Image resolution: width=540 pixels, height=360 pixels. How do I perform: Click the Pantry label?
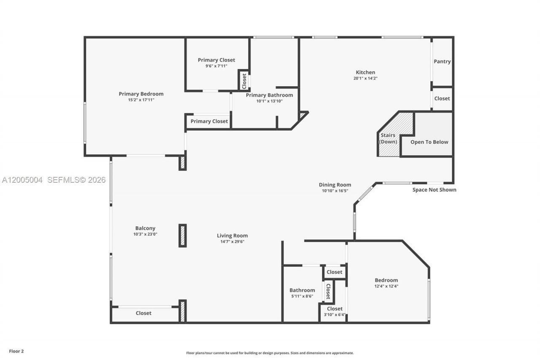[442, 62]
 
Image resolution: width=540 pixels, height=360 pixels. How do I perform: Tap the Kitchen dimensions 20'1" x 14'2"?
[364, 78]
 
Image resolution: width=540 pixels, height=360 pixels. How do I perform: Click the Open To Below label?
[429, 142]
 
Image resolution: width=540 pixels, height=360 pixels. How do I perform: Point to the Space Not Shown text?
[434, 190]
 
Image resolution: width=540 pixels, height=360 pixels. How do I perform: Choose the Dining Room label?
[335, 185]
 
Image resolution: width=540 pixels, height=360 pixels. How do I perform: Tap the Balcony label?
[145, 228]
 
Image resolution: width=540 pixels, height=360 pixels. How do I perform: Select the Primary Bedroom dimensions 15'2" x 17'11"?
[141, 100]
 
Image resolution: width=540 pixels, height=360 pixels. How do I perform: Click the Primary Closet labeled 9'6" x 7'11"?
[216, 60]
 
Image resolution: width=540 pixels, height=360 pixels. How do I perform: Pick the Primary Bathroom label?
[269, 95]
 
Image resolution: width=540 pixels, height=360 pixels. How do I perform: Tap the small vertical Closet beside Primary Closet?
[244, 81]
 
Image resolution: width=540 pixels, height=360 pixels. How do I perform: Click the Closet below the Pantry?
[442, 99]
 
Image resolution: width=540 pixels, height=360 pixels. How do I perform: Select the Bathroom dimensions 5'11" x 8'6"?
[302, 296]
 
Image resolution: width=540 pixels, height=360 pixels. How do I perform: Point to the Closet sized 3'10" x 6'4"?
[335, 309]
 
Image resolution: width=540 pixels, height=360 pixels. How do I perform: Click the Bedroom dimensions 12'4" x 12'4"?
[386, 286]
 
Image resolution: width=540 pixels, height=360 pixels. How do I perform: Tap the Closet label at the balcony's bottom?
[143, 313]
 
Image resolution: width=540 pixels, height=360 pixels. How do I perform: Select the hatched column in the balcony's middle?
[183, 235]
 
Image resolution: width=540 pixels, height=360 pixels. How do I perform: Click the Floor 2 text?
[16, 351]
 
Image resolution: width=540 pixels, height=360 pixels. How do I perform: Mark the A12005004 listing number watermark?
[22, 180]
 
